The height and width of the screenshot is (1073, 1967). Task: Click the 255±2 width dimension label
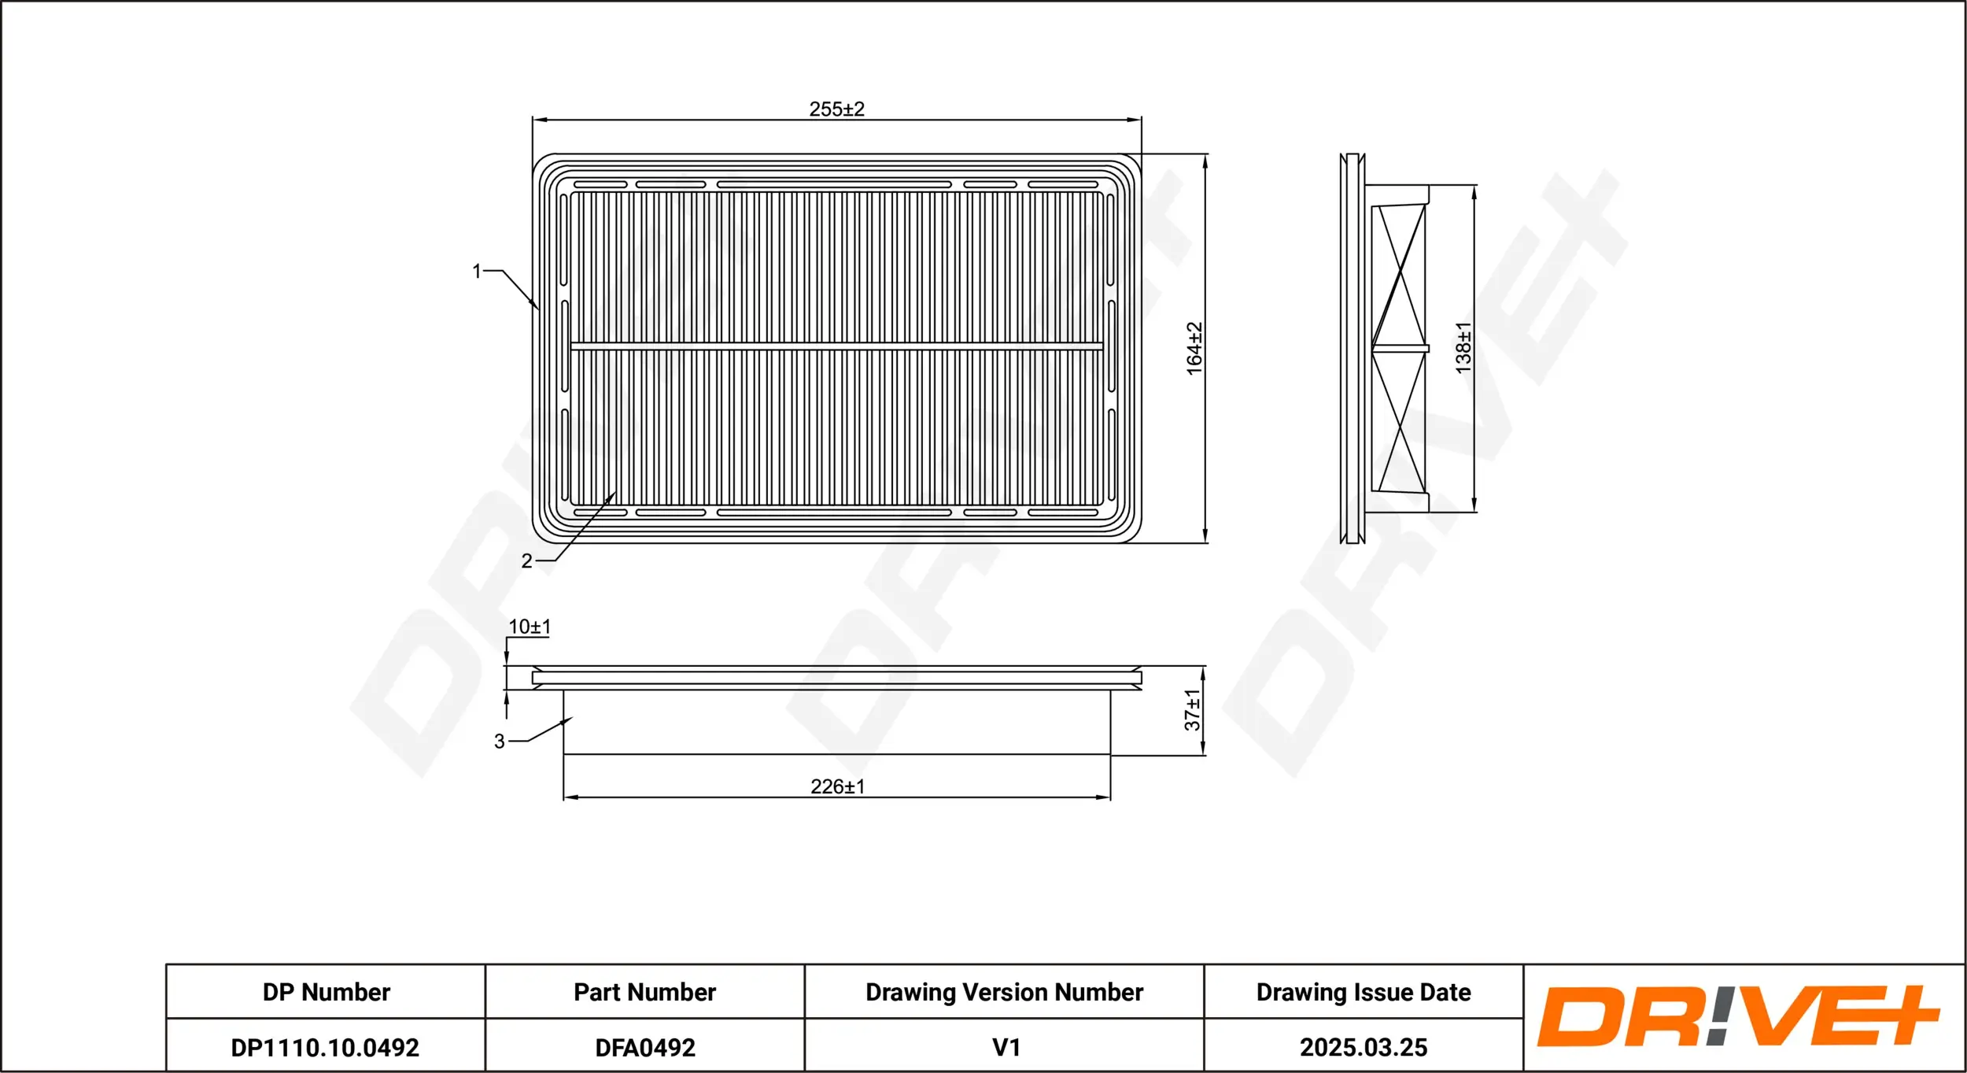(x=836, y=109)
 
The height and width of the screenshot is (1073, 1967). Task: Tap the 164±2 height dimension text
(x=1194, y=349)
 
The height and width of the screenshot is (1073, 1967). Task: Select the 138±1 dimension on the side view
(x=1463, y=348)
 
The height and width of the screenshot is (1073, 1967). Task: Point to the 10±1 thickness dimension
(x=530, y=627)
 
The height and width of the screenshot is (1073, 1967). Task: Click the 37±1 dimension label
(x=1193, y=710)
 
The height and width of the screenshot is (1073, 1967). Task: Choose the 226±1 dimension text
(x=838, y=786)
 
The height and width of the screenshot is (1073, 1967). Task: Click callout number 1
(x=477, y=272)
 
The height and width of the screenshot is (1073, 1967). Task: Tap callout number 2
(x=527, y=561)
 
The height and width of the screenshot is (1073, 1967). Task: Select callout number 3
(x=500, y=741)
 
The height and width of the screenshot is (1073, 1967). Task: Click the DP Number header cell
(x=327, y=992)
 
